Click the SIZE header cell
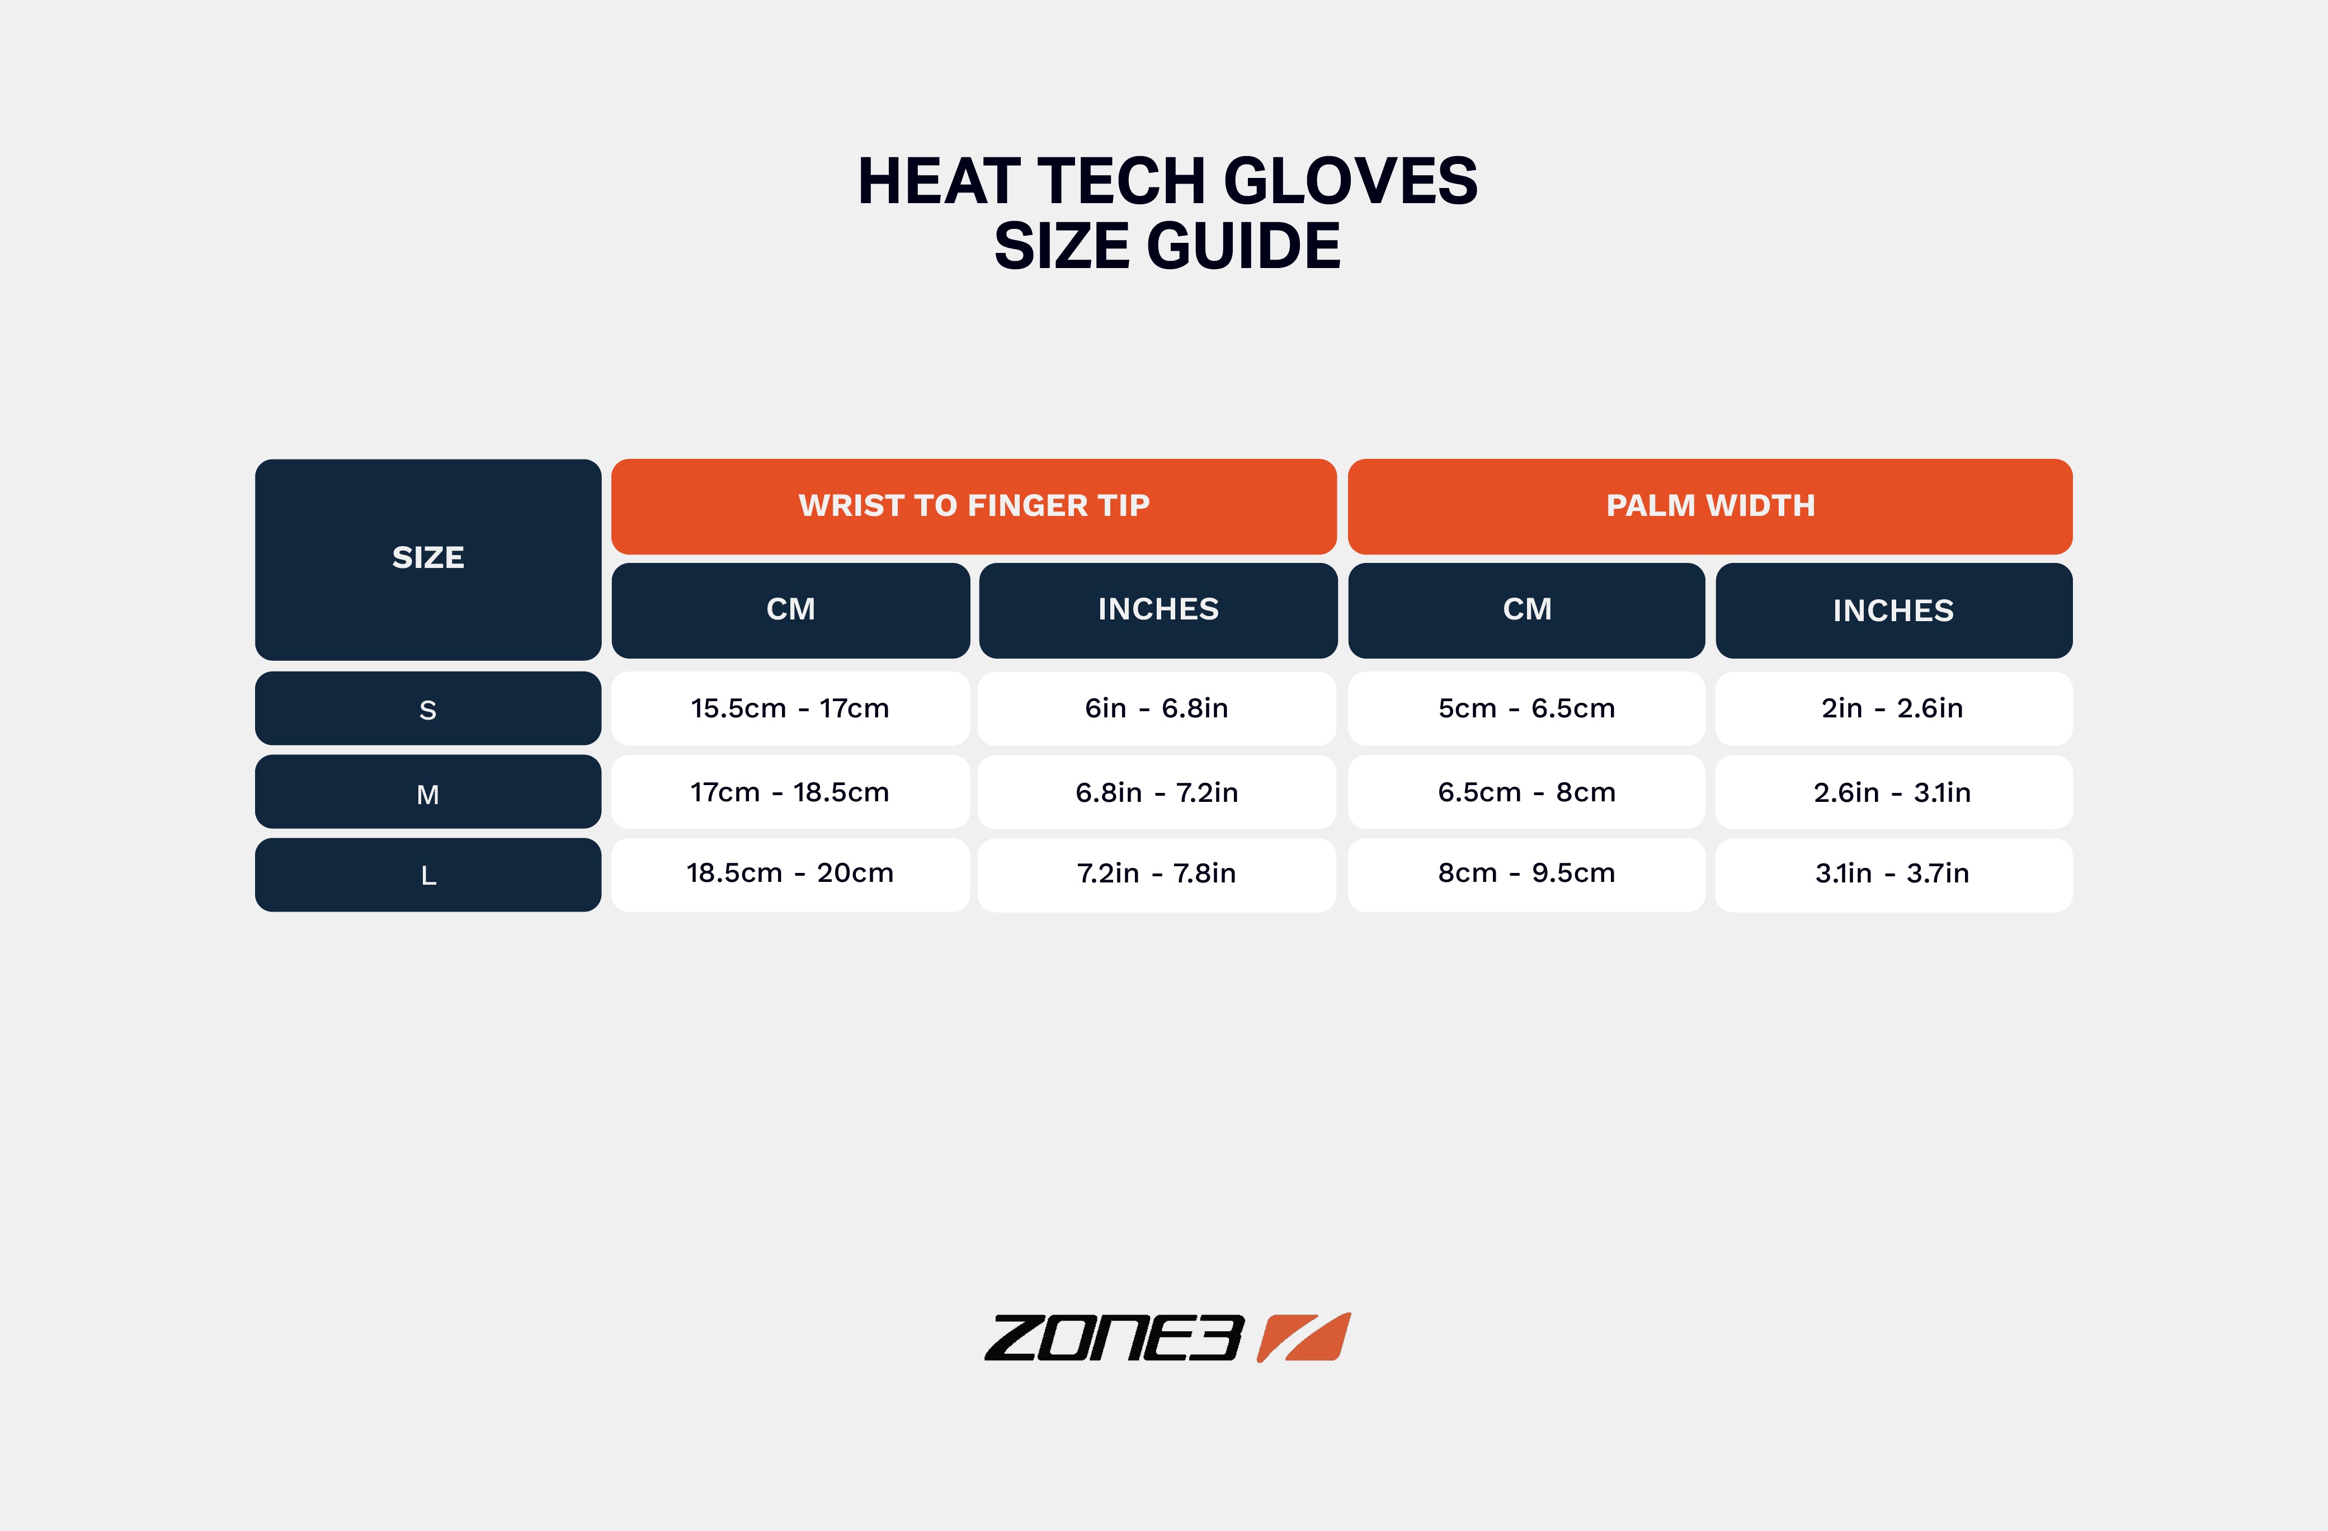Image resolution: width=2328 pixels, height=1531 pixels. (x=427, y=558)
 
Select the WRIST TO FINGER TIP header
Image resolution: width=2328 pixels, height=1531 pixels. (x=973, y=506)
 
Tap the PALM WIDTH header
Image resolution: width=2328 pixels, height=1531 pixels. (x=1710, y=506)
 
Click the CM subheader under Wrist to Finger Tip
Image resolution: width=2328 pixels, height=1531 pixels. (x=790, y=609)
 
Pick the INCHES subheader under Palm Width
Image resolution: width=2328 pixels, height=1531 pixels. (x=1893, y=610)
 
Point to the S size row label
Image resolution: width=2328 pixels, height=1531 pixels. (x=427, y=709)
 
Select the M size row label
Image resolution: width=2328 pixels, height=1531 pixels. (x=427, y=792)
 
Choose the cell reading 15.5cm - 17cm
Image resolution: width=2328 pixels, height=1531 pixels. (x=790, y=708)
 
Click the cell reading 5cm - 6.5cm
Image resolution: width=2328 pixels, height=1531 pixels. (x=1526, y=708)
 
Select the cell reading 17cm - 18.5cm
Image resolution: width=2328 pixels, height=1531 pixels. (x=790, y=792)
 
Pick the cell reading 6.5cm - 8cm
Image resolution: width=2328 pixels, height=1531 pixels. (x=1526, y=792)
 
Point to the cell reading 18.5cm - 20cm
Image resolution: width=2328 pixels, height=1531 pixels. (x=790, y=873)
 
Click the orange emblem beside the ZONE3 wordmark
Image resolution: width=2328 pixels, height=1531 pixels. (x=1304, y=1337)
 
